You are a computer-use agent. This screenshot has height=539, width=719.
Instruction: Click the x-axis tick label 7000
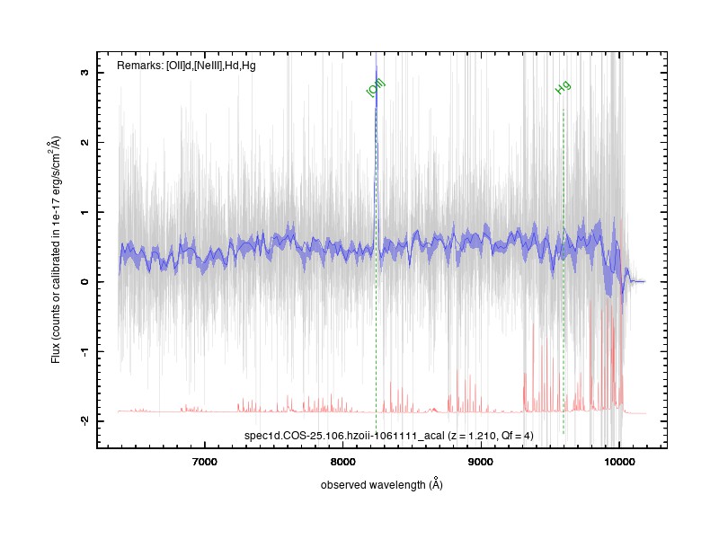(x=205, y=462)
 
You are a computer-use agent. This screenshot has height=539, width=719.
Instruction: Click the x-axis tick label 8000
(x=343, y=462)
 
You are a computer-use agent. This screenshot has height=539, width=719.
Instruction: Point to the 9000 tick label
(x=481, y=462)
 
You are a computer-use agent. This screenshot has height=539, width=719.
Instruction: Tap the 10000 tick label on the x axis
(x=619, y=462)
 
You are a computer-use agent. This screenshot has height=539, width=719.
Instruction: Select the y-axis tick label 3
(x=84, y=73)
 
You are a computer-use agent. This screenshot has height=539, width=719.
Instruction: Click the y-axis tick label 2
(x=84, y=142)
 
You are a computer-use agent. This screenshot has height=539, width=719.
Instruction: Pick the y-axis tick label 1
(x=84, y=212)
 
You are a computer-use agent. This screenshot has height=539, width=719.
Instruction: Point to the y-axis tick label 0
(x=84, y=281)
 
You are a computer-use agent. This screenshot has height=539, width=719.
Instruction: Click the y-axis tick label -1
(x=84, y=351)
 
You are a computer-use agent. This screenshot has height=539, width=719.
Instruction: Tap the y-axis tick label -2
(x=84, y=421)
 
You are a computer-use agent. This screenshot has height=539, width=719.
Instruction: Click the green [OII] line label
(x=376, y=88)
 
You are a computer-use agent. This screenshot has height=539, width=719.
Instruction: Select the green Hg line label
(x=563, y=87)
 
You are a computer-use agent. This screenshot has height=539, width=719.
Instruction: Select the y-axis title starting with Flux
(x=56, y=250)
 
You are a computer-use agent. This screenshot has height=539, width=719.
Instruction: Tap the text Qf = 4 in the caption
(x=516, y=436)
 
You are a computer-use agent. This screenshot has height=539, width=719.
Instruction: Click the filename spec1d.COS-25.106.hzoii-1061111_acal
(x=344, y=436)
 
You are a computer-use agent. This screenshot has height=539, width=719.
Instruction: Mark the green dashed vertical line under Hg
(x=564, y=271)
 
